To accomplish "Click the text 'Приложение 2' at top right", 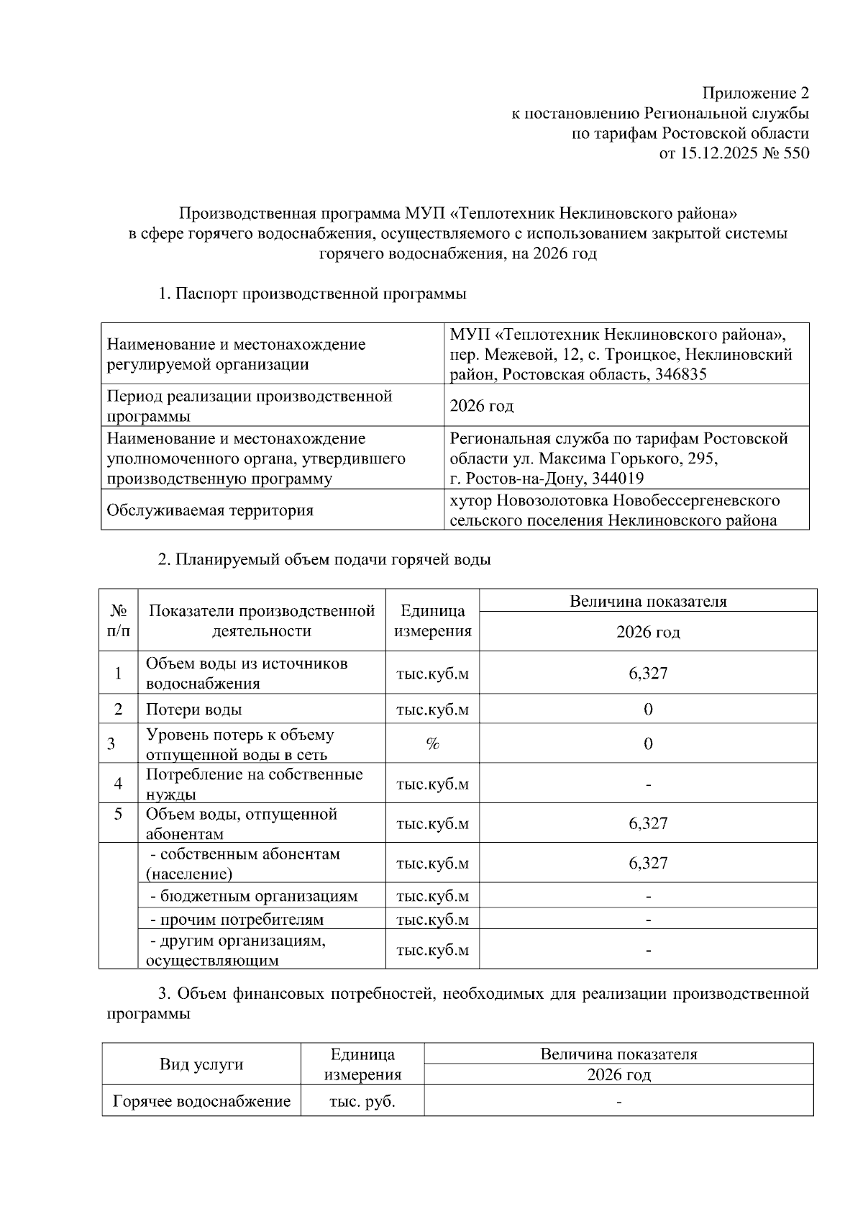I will click(755, 94).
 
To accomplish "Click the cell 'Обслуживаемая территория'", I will click(210, 511).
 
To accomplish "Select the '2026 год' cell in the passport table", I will click(482, 407).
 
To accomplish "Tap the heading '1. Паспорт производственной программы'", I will click(312, 294).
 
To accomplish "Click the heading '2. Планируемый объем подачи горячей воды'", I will click(324, 560).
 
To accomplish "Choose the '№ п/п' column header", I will click(119, 621).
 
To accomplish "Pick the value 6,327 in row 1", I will click(648, 674).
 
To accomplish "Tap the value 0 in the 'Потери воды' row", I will click(648, 710).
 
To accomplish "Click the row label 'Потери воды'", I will click(194, 710).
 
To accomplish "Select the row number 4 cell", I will click(119, 784).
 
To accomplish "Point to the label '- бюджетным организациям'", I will click(254, 897).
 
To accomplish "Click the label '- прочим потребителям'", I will click(237, 920).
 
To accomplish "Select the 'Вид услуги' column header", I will click(201, 1064).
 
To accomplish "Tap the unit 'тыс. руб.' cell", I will click(362, 1102).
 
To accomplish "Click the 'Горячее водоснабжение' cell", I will click(202, 1102).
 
